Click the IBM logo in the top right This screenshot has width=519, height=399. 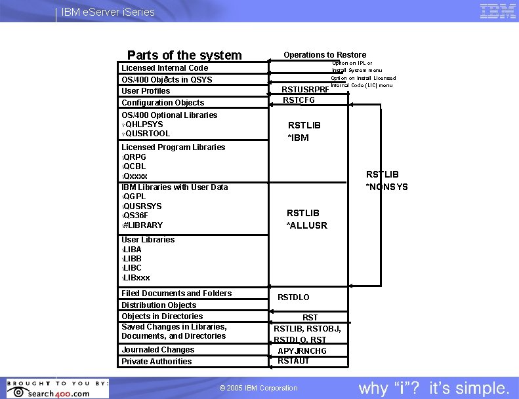coord(497,12)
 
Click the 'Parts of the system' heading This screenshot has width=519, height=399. coord(184,55)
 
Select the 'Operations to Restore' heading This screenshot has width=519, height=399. coord(325,55)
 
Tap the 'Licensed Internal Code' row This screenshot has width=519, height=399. coord(165,68)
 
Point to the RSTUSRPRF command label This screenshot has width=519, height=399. coord(305,90)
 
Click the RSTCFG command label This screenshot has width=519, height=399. coord(299,100)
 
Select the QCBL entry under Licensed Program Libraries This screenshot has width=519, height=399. coord(135,166)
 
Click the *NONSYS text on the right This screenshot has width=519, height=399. coord(386,187)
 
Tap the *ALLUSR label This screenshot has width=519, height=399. coord(306,225)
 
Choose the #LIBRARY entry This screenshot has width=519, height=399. coord(143,225)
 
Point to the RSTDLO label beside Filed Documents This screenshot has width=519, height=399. coord(293,297)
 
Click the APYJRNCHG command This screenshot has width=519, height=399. coord(302,351)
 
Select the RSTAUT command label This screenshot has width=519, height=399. coord(293,361)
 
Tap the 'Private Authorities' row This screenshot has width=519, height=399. coord(157,362)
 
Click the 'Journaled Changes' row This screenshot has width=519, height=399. coord(158,350)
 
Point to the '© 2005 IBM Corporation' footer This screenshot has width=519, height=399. coord(259,388)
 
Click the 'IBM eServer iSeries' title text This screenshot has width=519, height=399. coord(108,12)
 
